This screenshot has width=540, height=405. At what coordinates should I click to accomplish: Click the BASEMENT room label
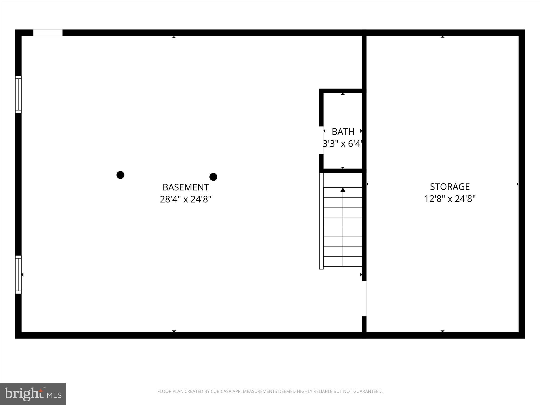tap(186, 187)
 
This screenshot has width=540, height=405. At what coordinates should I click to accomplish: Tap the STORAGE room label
tap(450, 187)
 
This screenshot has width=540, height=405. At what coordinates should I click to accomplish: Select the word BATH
tap(343, 131)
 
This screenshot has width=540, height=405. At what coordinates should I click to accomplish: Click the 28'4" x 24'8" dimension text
tap(186, 199)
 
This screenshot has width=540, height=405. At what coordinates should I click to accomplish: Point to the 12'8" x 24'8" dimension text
tap(450, 199)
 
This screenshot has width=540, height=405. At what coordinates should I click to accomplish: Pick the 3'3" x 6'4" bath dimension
tap(342, 144)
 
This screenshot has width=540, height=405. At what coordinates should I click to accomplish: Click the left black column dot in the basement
tap(120, 175)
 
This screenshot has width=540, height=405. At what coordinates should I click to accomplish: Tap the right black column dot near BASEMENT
tap(213, 177)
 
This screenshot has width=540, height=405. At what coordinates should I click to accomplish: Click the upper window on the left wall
tap(18, 94)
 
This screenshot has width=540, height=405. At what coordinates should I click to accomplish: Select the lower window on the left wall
tap(18, 274)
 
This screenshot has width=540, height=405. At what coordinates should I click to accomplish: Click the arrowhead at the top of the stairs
tap(343, 190)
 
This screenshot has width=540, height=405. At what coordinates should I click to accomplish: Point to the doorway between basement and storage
tap(364, 299)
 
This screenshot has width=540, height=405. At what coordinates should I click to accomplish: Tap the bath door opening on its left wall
tap(321, 140)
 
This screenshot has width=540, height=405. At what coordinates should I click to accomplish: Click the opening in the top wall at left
tap(48, 33)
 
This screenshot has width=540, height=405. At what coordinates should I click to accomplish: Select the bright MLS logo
tap(33, 394)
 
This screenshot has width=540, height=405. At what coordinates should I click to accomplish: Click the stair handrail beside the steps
tap(321, 221)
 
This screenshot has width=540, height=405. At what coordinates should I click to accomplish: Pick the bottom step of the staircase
tap(343, 261)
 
